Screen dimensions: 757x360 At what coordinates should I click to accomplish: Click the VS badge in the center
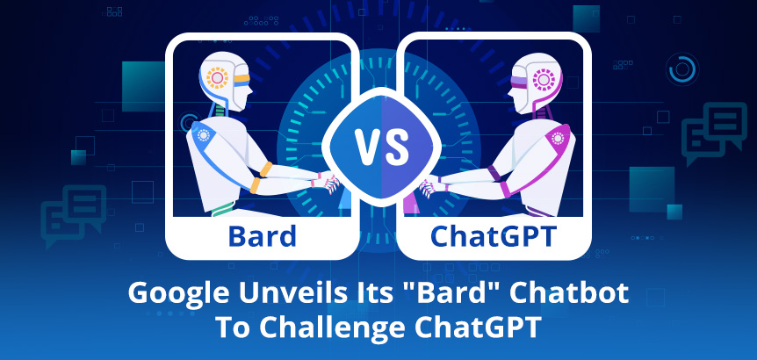click(381, 147)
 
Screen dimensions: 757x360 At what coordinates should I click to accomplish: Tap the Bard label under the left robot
click(263, 236)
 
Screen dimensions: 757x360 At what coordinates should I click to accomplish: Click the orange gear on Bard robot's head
click(217, 77)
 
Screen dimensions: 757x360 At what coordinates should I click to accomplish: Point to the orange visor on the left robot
click(242, 79)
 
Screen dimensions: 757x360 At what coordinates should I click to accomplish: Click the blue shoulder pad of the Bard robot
click(201, 137)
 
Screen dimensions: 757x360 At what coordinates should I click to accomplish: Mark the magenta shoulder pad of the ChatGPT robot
click(558, 138)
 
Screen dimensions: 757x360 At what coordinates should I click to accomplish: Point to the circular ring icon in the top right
click(682, 69)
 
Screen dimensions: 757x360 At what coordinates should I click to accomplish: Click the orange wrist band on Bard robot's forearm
click(266, 169)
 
